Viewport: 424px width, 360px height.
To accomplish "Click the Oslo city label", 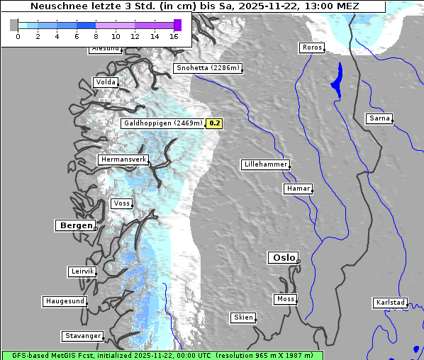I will (283, 258).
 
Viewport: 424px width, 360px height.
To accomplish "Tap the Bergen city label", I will (74, 225).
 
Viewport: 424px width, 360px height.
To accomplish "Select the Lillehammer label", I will (265, 164).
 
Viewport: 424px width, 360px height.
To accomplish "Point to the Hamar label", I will (297, 189).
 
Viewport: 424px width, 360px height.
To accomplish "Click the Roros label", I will (311, 47).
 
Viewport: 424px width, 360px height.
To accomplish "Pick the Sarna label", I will (379, 118).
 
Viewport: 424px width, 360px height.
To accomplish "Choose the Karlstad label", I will (390, 303).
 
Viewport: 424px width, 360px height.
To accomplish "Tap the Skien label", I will (242, 317).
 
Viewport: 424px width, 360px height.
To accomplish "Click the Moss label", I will (285, 299).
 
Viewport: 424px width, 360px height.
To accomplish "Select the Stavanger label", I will (82, 336).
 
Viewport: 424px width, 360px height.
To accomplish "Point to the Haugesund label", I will (65, 301).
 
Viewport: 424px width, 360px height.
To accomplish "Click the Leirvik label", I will (82, 271).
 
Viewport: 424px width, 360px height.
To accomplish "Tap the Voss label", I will (121, 203).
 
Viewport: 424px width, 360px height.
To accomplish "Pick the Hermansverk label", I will (123, 159).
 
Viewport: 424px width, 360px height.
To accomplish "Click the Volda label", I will (105, 82).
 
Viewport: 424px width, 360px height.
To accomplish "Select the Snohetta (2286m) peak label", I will (208, 68).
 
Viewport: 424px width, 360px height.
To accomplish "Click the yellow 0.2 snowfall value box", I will (214, 123).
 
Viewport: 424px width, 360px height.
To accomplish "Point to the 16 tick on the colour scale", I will (174, 35).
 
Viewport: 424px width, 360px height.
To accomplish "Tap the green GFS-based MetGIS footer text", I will (162, 355).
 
